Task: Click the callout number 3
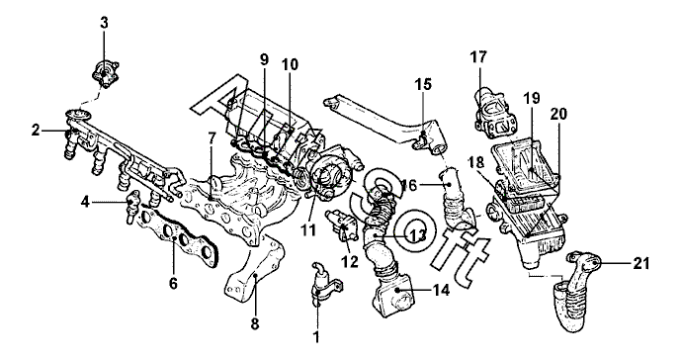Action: (104, 23)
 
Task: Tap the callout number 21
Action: (640, 263)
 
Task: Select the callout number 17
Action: (478, 57)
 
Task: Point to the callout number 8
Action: (255, 323)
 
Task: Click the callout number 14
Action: (440, 290)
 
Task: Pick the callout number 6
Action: (173, 284)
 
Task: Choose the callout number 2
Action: (36, 130)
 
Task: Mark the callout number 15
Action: (423, 84)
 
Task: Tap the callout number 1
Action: (316, 336)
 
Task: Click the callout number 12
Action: (350, 261)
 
